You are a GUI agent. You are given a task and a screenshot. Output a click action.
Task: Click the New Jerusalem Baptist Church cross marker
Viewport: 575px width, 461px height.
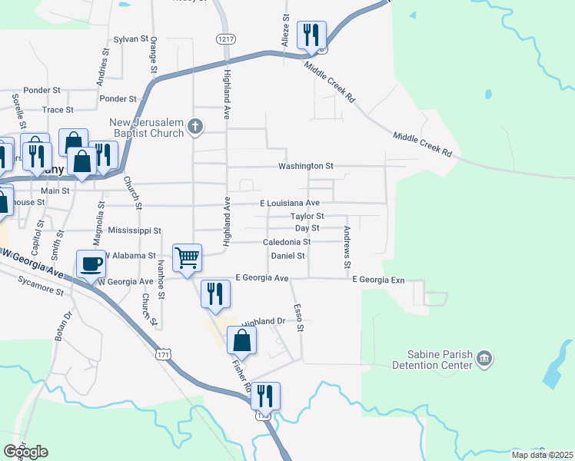195,126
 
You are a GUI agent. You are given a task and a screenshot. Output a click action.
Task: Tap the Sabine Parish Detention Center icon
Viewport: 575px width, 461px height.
485,357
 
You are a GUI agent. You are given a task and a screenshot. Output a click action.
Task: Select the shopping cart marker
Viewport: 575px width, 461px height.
188,257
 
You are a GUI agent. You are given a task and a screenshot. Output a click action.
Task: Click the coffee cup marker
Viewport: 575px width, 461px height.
91,264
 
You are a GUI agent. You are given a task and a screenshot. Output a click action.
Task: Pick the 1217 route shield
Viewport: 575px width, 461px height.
225,39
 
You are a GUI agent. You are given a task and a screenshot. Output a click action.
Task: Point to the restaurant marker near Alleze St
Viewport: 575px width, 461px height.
311,35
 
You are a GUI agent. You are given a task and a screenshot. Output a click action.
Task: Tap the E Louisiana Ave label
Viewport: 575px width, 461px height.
289,203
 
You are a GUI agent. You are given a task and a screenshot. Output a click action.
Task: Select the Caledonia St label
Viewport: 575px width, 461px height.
286,242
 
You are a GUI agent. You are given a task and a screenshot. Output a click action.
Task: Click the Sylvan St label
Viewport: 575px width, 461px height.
130,38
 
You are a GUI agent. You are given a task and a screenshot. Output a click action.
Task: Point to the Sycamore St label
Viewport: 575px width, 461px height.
42,288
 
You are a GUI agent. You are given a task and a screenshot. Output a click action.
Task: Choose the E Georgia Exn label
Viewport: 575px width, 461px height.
378,280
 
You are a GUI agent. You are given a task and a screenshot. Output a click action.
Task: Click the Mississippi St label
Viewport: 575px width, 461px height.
135,230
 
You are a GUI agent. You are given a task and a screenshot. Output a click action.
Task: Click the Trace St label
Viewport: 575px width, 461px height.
58,110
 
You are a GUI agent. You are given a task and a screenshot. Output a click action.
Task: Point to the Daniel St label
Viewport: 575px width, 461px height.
288,255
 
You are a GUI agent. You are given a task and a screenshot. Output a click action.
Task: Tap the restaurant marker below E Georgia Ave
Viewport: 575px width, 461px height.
215,293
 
